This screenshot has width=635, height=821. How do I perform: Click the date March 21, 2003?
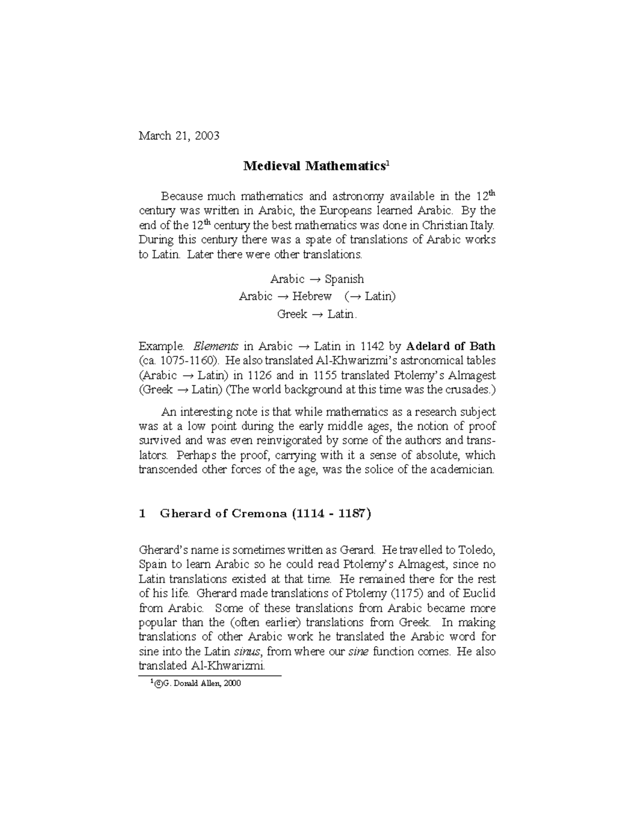(x=178, y=136)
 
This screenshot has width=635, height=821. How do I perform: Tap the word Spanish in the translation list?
(x=344, y=279)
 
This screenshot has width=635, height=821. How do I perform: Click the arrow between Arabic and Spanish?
(x=314, y=279)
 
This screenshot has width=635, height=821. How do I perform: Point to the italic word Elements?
(x=215, y=346)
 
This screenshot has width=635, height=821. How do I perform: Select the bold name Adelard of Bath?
(x=450, y=346)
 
